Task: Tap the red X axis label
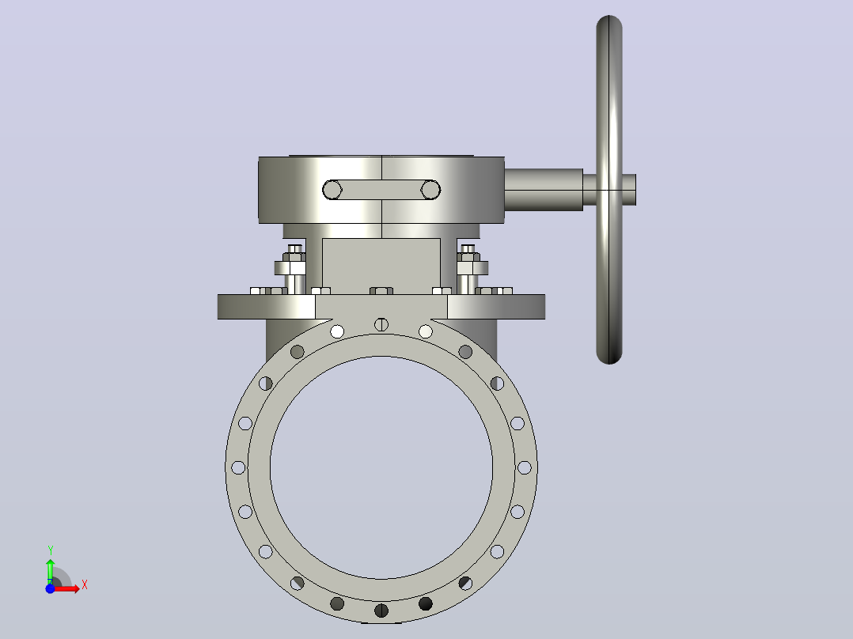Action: click(85, 585)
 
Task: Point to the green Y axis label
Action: click(50, 550)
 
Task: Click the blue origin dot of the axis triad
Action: click(50, 588)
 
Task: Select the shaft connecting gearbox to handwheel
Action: click(544, 189)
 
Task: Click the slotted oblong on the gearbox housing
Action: click(381, 190)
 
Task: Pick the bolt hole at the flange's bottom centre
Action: click(381, 611)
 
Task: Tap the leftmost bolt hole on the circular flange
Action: click(238, 467)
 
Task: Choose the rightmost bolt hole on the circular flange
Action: click(525, 467)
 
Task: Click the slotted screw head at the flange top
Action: click(381, 325)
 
